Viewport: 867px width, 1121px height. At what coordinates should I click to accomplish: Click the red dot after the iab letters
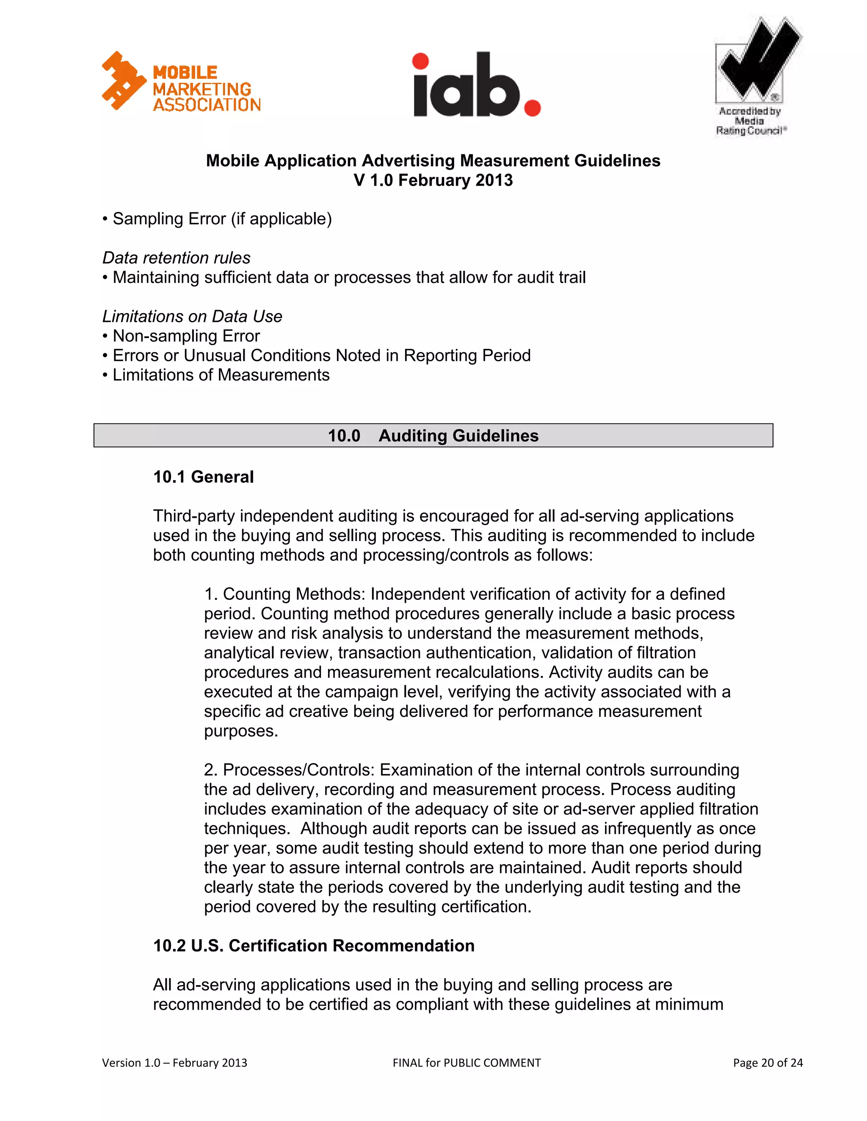[x=532, y=108]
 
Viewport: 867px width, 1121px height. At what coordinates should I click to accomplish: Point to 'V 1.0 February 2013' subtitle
[x=433, y=181]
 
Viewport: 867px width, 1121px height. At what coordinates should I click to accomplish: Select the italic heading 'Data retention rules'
[x=176, y=258]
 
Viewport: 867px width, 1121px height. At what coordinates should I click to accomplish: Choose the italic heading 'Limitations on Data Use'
[x=192, y=316]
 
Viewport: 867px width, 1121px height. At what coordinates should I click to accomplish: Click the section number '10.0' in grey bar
[x=344, y=436]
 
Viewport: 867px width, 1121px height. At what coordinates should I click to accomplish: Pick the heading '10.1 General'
[x=203, y=477]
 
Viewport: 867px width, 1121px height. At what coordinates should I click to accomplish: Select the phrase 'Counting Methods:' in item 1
[x=294, y=594]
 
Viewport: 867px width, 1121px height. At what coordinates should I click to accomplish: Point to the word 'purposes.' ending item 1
[x=241, y=731]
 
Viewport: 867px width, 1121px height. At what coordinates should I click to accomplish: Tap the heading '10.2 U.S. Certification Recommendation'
[x=314, y=945]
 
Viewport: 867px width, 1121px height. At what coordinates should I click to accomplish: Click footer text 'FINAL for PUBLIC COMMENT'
[x=467, y=1063]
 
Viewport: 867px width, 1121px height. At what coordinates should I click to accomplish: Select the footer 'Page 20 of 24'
[x=768, y=1063]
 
